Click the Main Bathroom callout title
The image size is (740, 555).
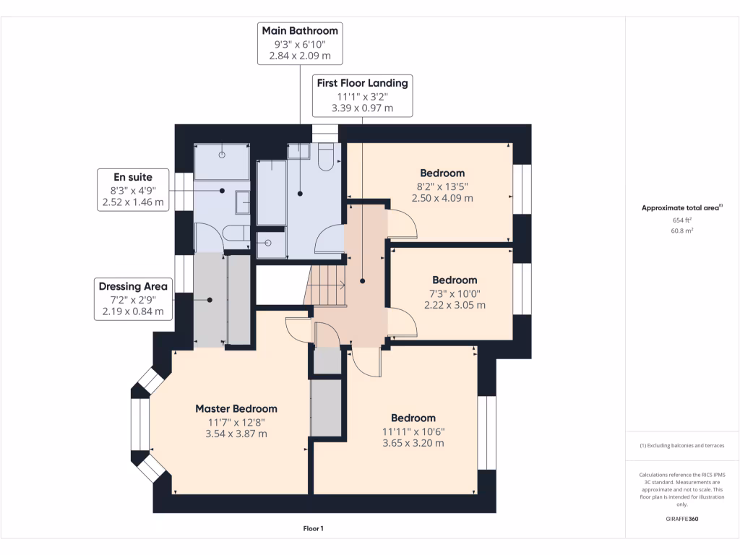[300, 30]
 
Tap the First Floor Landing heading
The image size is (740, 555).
[363, 83]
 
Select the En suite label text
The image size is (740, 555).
[133, 177]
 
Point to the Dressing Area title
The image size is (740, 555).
[133, 286]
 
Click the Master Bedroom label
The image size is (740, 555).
[236, 409]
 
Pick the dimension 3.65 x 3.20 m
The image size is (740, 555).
[413, 443]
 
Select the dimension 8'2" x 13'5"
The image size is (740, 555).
[443, 186]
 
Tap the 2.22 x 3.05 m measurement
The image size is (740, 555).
[455, 306]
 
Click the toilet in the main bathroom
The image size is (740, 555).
[326, 157]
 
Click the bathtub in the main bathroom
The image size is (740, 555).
[272, 193]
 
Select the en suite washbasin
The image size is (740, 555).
[243, 202]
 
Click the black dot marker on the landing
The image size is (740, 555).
[363, 281]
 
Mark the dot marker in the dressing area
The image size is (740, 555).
[210, 300]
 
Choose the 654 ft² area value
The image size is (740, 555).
[682, 220]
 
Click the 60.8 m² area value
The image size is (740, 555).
[682, 231]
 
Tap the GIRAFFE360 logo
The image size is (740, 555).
[682, 519]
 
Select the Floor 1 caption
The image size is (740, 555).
[314, 528]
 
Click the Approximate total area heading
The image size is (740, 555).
[682, 207]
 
